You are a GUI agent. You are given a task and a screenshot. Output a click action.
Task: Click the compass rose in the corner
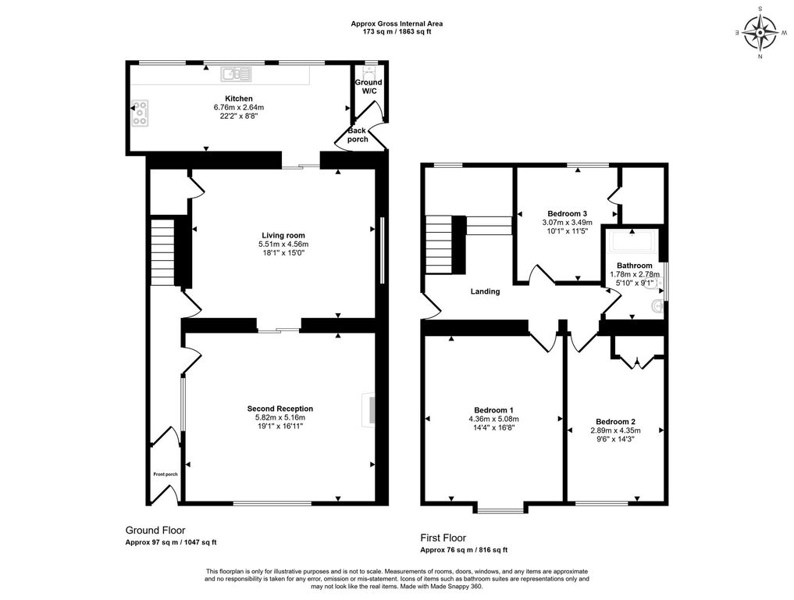click(x=759, y=32)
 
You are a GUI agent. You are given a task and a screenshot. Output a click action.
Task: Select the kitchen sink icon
click(x=236, y=74)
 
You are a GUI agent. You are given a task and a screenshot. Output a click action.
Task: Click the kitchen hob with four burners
click(x=141, y=113)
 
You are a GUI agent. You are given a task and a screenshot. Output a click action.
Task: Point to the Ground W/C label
click(x=369, y=87)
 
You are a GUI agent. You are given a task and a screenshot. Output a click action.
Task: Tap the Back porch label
click(x=358, y=135)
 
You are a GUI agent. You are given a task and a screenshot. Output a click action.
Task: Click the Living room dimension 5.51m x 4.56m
click(x=283, y=245)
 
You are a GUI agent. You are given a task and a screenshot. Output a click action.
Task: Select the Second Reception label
click(x=280, y=409)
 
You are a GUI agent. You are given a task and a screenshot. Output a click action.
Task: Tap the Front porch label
click(x=165, y=474)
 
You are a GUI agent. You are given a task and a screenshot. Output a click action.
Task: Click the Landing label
click(x=485, y=291)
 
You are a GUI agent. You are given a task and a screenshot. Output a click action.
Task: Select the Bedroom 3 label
click(x=567, y=213)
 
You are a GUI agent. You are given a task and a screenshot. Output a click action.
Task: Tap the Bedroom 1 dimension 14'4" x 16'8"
click(x=494, y=427)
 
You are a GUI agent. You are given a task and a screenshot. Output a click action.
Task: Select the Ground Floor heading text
click(x=155, y=530)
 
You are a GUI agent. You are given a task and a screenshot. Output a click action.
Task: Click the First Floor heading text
click(x=443, y=537)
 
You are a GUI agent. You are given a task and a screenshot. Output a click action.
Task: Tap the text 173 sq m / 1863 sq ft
click(x=397, y=32)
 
